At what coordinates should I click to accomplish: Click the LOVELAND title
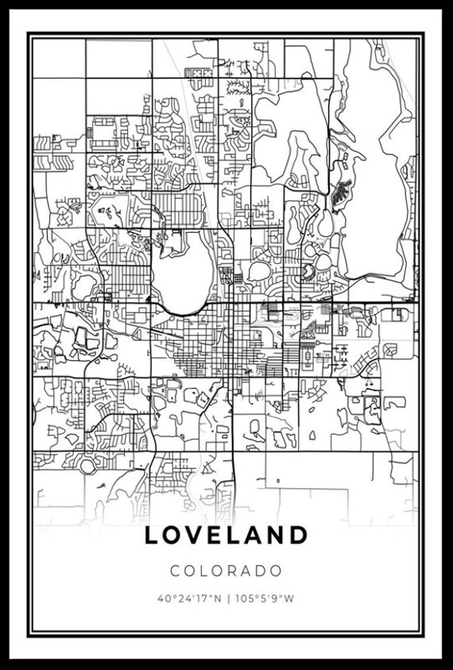coord(226,535)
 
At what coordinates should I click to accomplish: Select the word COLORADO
coord(226,571)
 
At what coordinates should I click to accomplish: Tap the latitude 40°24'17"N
coord(190,598)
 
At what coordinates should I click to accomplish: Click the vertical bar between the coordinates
coord(227,598)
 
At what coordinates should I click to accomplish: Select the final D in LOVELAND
coord(298,535)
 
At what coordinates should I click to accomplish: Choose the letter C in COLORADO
coord(174,571)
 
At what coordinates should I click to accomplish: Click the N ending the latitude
coord(218,598)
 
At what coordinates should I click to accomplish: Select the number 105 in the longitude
coord(244,598)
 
